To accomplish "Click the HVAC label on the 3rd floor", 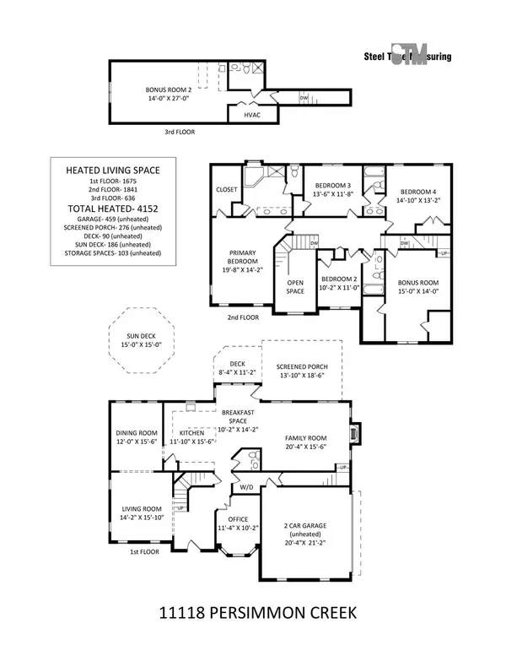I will (250, 115).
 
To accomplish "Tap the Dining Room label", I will (137, 438).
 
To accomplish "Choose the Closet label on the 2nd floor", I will (226, 190).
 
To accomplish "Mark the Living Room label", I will (140, 512).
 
